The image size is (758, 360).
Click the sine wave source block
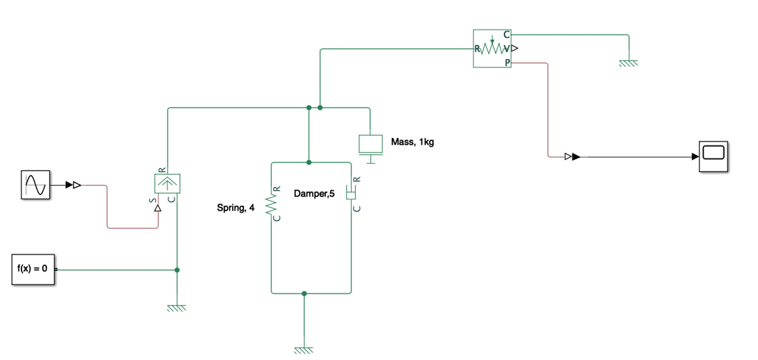click(x=35, y=184)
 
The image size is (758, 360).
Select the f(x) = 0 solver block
click(x=32, y=269)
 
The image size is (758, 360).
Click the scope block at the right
click(x=714, y=156)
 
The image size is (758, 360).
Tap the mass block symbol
click(x=370, y=144)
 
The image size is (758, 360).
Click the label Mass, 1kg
click(x=412, y=142)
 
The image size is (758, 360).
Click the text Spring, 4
click(x=236, y=208)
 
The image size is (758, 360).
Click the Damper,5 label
click(x=314, y=194)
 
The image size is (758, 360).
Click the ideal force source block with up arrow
click(x=168, y=183)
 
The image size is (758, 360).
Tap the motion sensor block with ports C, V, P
click(x=492, y=48)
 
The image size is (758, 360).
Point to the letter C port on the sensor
click(x=507, y=35)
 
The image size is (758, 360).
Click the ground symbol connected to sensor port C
click(x=629, y=62)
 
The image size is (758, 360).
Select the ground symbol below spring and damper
click(x=304, y=350)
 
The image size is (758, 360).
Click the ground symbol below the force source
click(x=176, y=308)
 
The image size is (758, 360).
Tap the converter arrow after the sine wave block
click(x=73, y=185)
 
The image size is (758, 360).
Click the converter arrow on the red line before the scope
click(x=572, y=157)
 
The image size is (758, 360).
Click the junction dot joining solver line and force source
click(x=176, y=270)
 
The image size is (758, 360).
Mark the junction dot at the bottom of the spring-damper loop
click(x=304, y=294)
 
